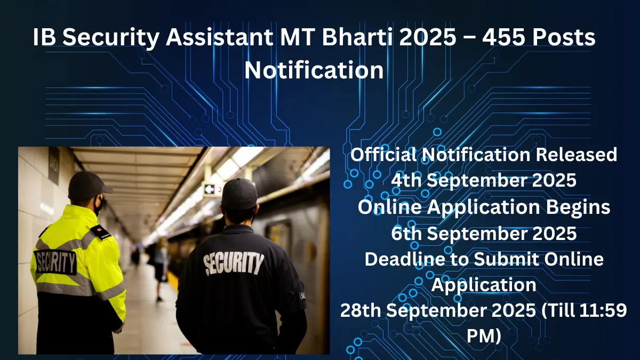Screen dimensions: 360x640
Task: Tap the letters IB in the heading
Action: (x=44, y=38)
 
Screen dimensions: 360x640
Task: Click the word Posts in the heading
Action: (x=562, y=38)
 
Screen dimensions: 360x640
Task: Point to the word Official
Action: (x=384, y=155)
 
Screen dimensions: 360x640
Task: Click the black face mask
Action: (x=98, y=205)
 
